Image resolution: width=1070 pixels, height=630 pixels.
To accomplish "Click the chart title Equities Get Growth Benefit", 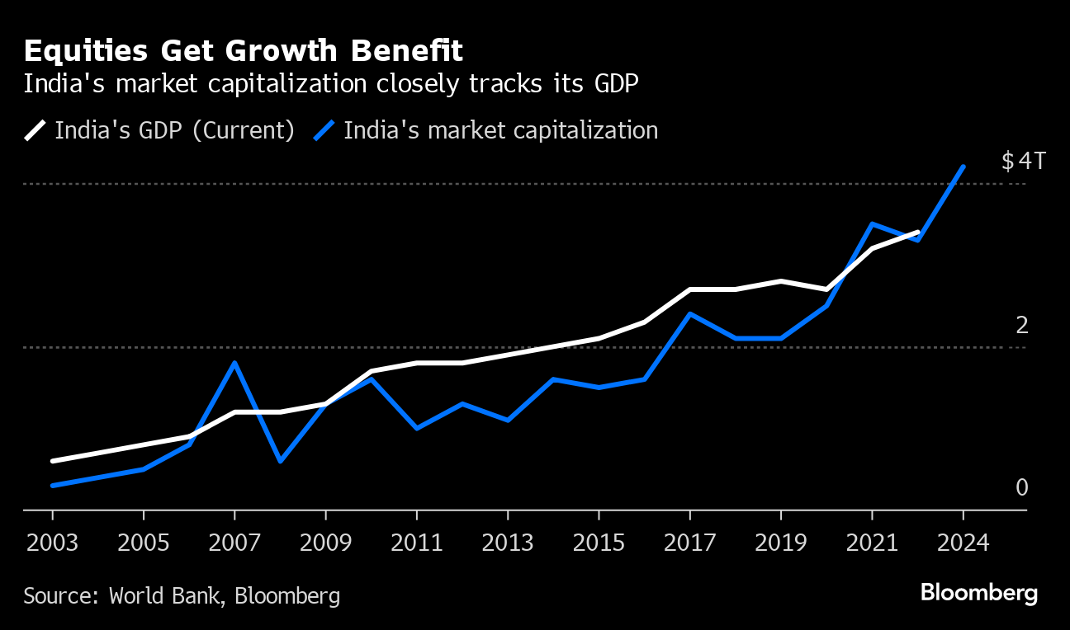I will coord(244,51).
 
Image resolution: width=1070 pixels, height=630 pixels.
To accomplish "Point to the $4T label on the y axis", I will coord(1023,161).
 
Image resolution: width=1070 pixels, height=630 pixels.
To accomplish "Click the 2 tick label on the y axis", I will coord(1022,325).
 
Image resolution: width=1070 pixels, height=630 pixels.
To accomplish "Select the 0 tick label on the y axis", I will coord(1022,488).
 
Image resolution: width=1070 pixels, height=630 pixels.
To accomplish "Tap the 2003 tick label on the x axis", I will coord(53,543).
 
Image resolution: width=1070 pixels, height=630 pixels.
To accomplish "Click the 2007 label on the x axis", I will coord(235,543).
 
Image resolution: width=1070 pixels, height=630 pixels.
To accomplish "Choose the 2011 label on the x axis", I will coord(417,543).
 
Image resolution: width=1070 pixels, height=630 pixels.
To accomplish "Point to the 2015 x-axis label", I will coord(599,543).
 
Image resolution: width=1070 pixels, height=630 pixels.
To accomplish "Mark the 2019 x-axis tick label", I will coord(780,543).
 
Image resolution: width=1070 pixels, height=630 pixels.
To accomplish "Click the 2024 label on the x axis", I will coord(963,543).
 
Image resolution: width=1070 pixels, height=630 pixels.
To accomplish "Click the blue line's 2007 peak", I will coord(235,363).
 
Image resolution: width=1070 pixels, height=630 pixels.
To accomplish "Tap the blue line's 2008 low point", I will coord(281,461).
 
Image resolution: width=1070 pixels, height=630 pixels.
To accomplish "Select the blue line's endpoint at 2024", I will coord(963,167).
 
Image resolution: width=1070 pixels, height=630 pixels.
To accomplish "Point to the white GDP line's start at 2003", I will coord(53,461).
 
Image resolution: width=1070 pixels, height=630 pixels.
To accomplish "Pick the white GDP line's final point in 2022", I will coord(917,233).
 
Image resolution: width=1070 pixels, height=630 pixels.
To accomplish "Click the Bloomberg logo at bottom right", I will coord(978,593).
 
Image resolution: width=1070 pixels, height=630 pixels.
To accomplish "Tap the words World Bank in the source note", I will coord(162,596).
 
